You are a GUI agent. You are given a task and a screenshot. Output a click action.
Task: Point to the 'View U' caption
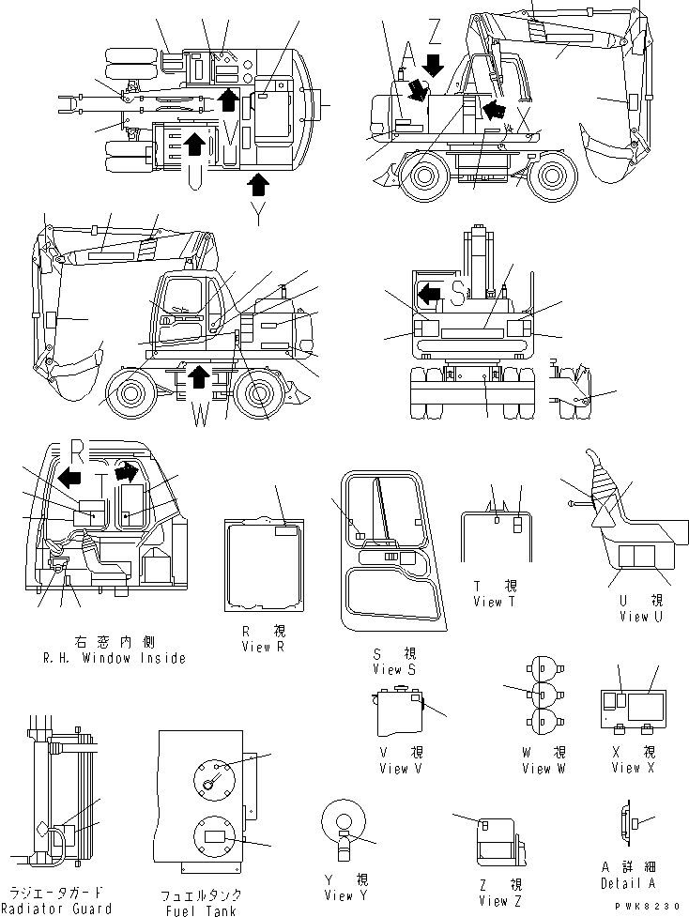point(641,617)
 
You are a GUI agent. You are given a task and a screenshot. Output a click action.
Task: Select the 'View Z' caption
point(492,901)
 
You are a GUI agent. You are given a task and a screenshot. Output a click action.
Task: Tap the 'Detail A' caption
point(628,883)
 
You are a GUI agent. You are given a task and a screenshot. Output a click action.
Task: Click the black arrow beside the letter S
point(429,295)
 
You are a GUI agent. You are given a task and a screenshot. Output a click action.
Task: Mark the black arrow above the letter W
point(197,378)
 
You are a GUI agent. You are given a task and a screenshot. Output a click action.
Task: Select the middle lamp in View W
point(543,695)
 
